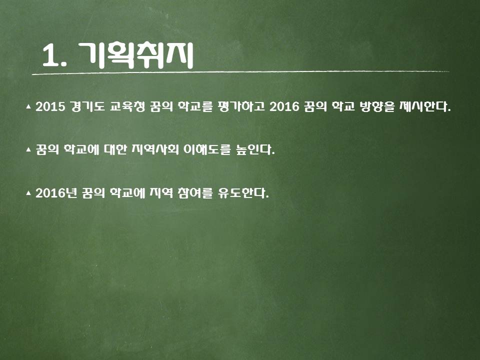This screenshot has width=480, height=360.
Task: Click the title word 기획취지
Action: (x=136, y=55)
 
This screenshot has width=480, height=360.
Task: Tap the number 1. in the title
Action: (x=54, y=55)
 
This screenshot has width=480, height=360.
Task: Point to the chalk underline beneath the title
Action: (x=240, y=73)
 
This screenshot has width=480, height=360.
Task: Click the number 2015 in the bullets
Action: (x=50, y=106)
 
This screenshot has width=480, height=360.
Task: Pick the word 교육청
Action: (x=127, y=106)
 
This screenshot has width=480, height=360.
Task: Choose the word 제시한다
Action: (x=425, y=106)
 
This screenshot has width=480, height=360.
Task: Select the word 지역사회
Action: (x=155, y=149)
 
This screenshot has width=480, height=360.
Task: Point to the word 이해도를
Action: (x=207, y=149)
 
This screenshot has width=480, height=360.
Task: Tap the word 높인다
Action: (x=255, y=149)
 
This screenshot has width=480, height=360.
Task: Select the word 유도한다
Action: (x=243, y=193)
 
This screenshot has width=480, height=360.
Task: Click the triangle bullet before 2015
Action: (x=28, y=106)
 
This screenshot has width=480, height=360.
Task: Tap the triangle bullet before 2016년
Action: (x=28, y=193)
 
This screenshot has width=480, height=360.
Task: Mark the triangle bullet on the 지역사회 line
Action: (x=28, y=149)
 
